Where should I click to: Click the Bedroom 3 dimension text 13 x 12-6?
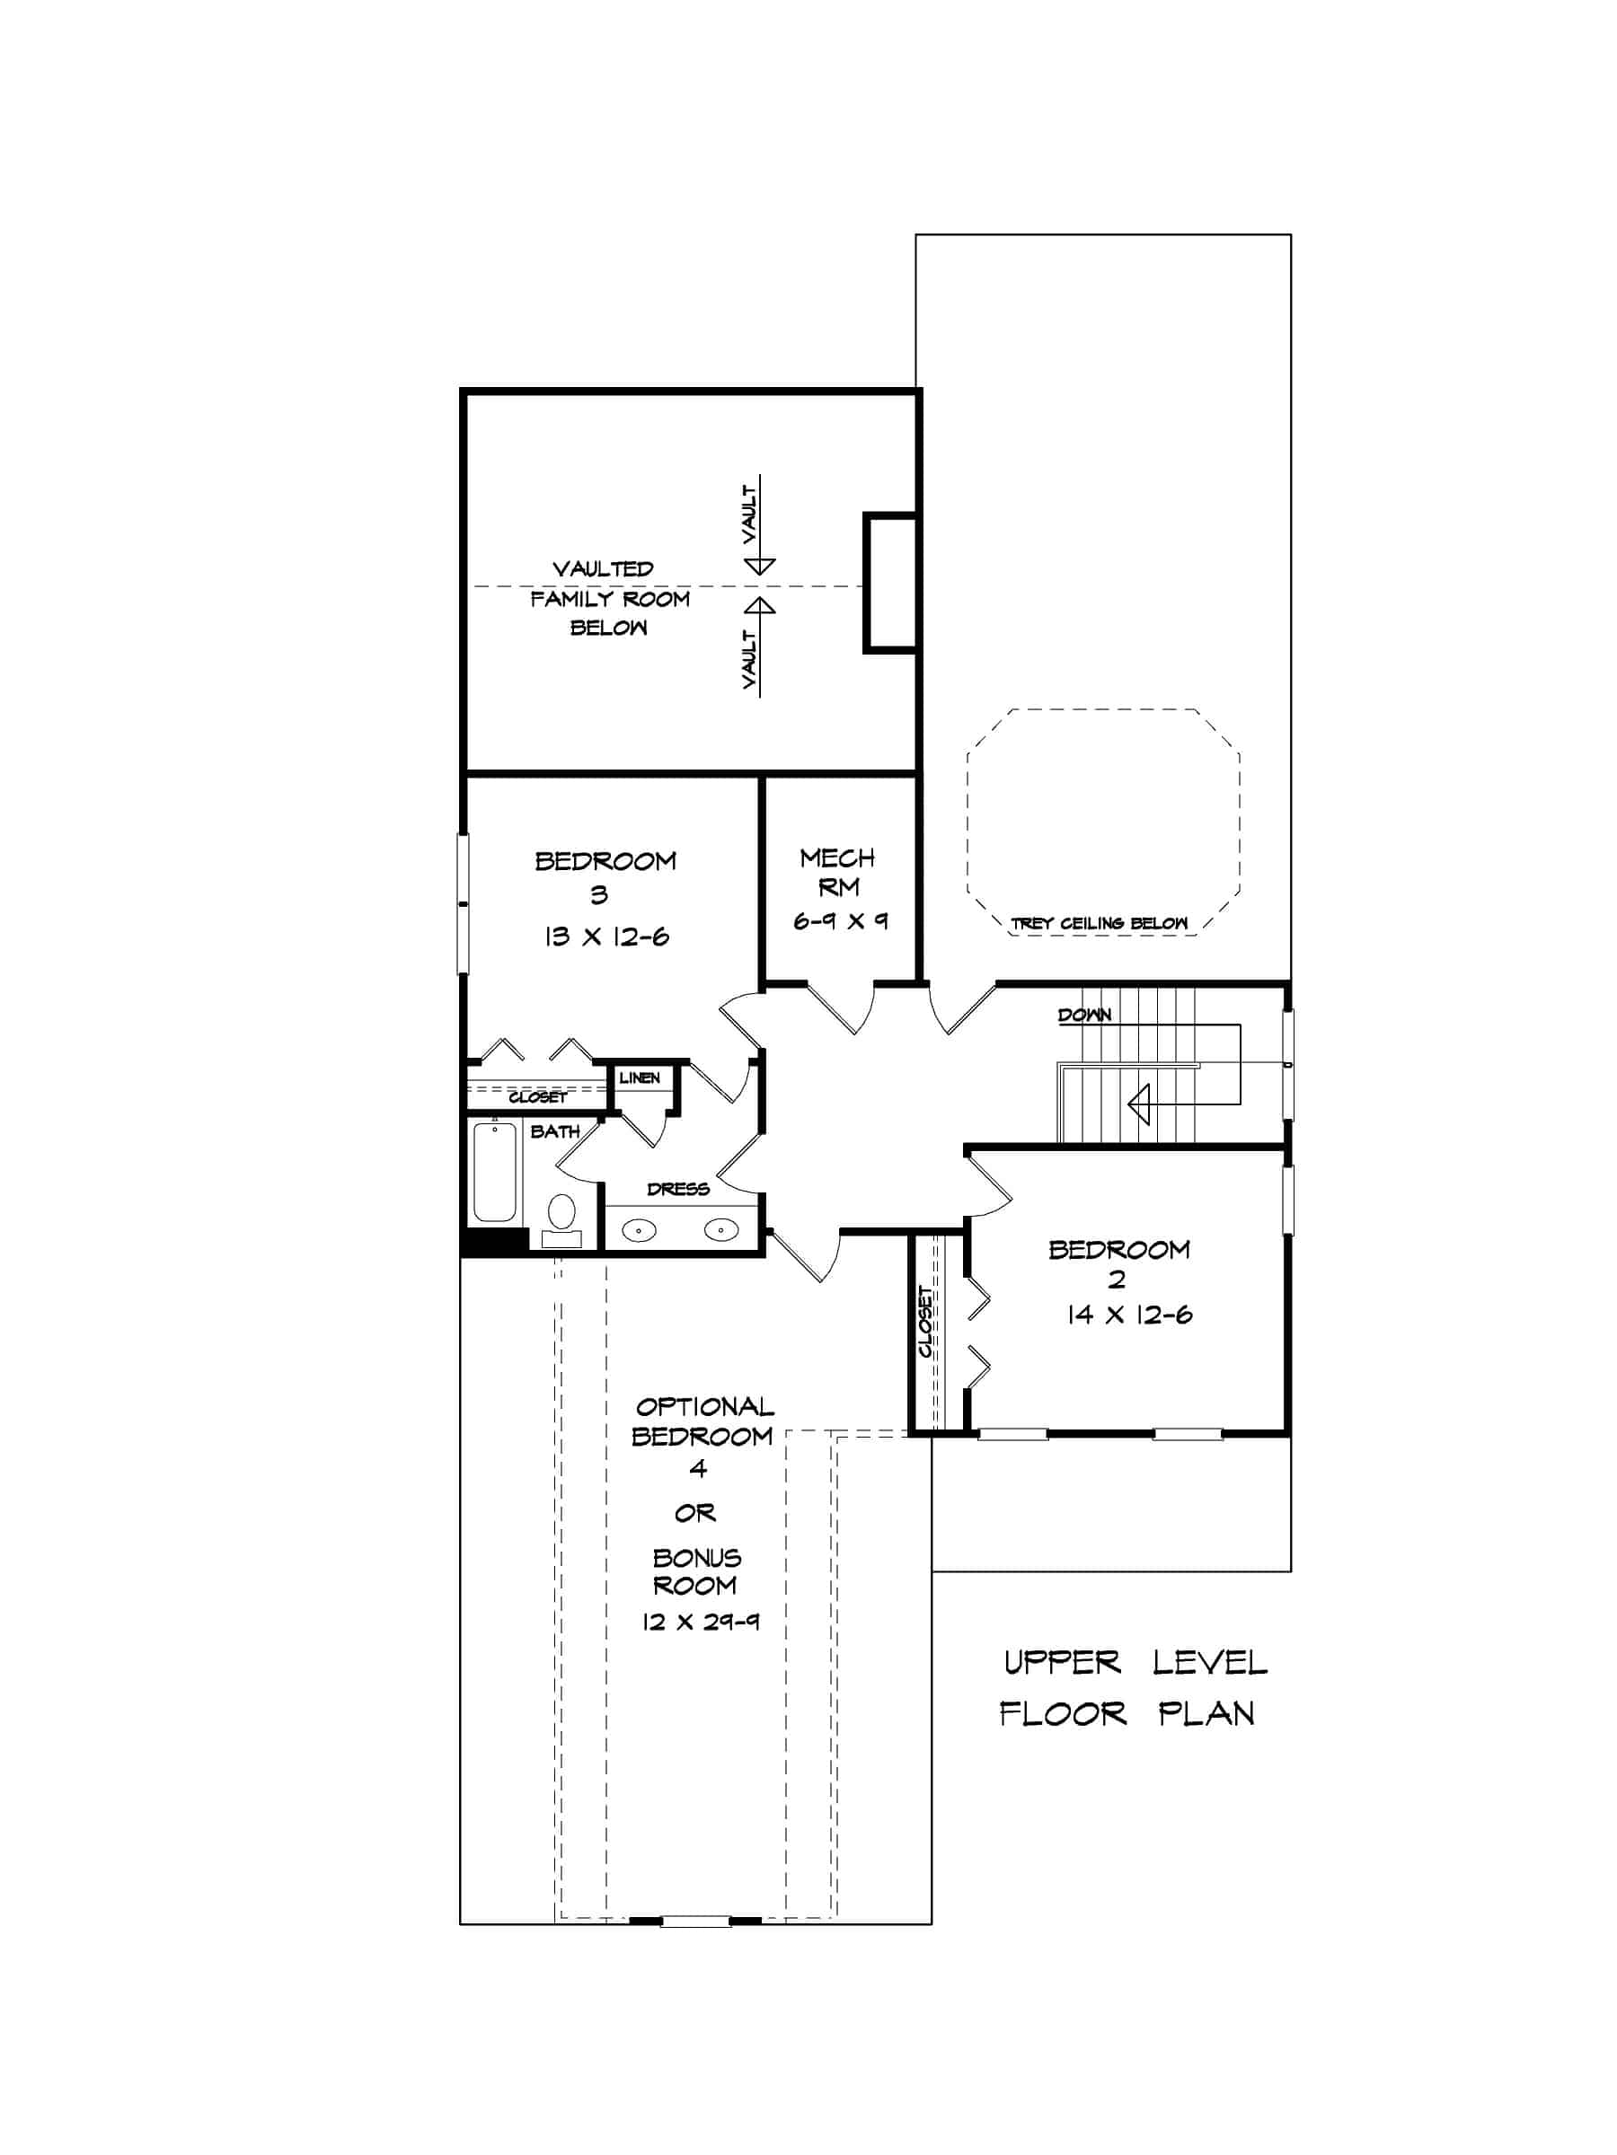click(x=606, y=937)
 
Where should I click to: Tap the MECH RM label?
click(x=837, y=872)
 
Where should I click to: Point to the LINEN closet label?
click(x=640, y=1077)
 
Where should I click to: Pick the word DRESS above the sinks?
click(x=678, y=1189)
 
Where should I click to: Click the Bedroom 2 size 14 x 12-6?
click(x=1128, y=1315)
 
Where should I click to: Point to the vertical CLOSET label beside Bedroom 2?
click(x=926, y=1323)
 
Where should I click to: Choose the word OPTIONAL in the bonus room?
click(x=704, y=1407)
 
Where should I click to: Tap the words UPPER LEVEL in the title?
click(x=1135, y=1662)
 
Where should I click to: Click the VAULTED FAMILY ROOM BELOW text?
click(x=609, y=598)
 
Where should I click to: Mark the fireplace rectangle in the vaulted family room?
click(x=890, y=583)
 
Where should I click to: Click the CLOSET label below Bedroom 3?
click(x=537, y=1097)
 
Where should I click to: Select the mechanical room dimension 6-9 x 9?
click(x=839, y=920)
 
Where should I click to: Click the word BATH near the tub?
click(x=554, y=1131)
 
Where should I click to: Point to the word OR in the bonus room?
click(x=695, y=1513)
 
